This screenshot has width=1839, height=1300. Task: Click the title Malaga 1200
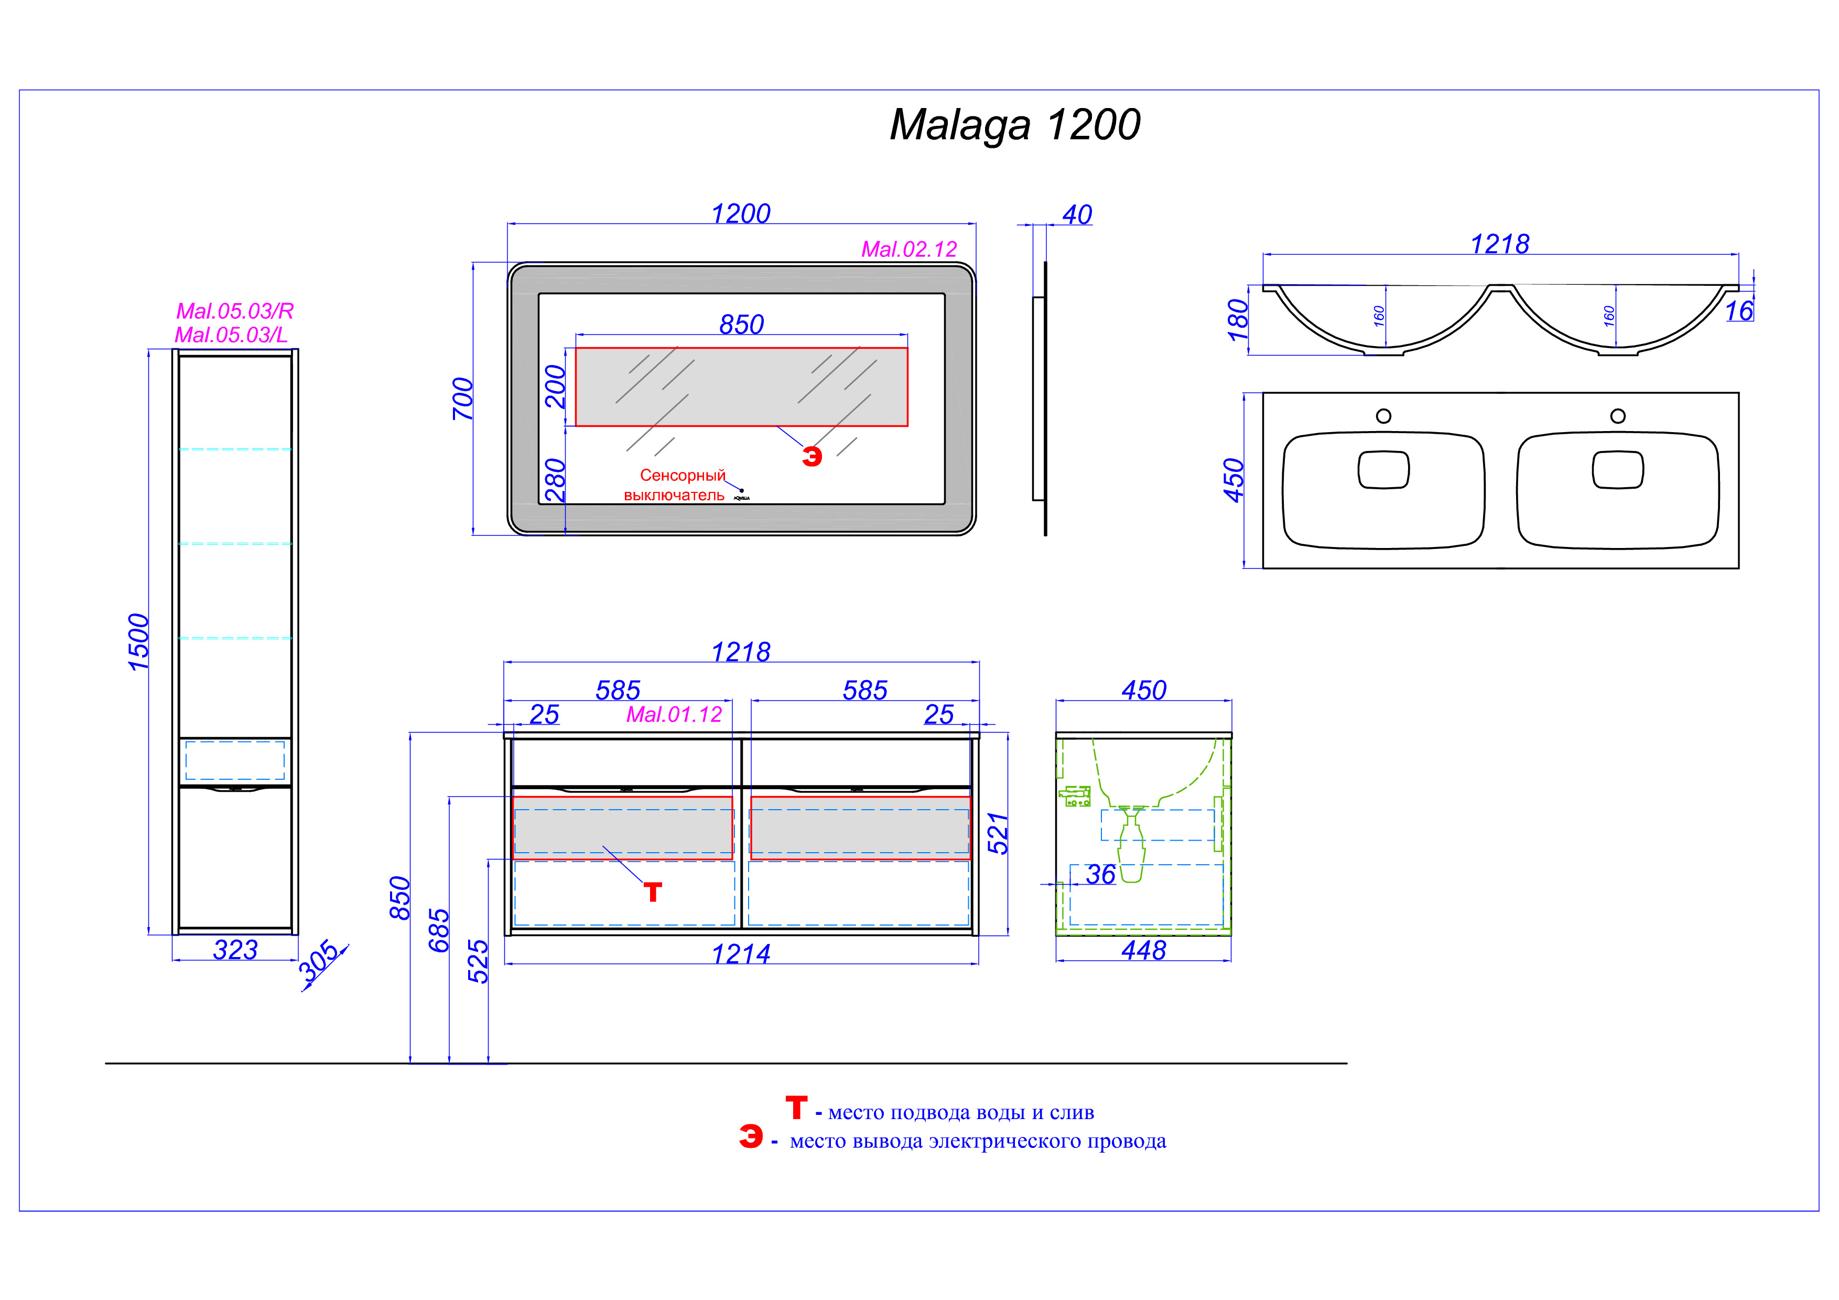1015,126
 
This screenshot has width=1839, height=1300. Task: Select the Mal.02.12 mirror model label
909,249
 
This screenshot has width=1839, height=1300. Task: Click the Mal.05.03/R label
235,311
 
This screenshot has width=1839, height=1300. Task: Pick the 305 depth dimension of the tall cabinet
319,961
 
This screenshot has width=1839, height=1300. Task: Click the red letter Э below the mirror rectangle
812,457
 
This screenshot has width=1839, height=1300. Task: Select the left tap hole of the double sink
1383,416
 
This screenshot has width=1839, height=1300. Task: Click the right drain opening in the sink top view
1618,469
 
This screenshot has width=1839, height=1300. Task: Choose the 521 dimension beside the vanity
997,833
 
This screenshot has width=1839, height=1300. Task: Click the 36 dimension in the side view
1100,875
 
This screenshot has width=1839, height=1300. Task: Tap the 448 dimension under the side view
1144,950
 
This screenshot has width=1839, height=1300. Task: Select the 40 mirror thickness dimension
1077,214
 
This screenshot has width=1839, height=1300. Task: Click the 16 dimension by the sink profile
1739,311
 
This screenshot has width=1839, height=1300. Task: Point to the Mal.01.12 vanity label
674,714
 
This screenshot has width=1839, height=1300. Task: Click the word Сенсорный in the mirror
683,475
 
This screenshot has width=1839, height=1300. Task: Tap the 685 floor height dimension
438,930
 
